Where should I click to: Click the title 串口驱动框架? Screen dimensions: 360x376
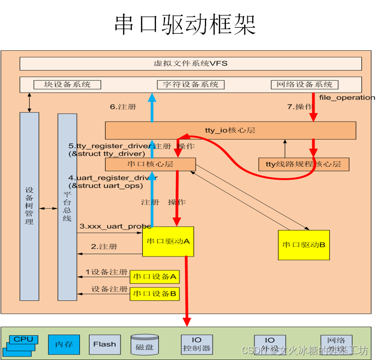tap(185, 24)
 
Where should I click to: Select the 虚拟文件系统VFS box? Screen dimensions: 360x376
tap(191, 64)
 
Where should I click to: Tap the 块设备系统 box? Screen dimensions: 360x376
tap(67, 84)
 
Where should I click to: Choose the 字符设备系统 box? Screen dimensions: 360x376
tap(191, 84)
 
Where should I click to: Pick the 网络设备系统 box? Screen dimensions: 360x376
tap(305, 84)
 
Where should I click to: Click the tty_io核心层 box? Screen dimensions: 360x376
tap(230, 130)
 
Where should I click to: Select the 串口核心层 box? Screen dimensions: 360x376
tap(150, 164)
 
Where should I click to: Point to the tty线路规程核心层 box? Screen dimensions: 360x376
tap(304, 164)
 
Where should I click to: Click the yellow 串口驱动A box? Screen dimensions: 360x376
tap(168, 241)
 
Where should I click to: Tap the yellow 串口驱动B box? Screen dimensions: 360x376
tap(304, 245)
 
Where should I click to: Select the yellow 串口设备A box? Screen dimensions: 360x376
tap(155, 277)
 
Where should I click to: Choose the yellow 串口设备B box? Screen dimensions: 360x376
tap(155, 294)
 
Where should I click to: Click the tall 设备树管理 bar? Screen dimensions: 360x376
tap(29, 206)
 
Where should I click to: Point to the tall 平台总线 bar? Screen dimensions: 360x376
tap(67, 206)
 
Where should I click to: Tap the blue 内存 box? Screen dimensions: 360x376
tap(64, 344)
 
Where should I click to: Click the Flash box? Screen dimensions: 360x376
tap(105, 344)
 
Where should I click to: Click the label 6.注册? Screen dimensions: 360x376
tap(123, 107)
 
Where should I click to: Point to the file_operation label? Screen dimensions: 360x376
tap(347, 97)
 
